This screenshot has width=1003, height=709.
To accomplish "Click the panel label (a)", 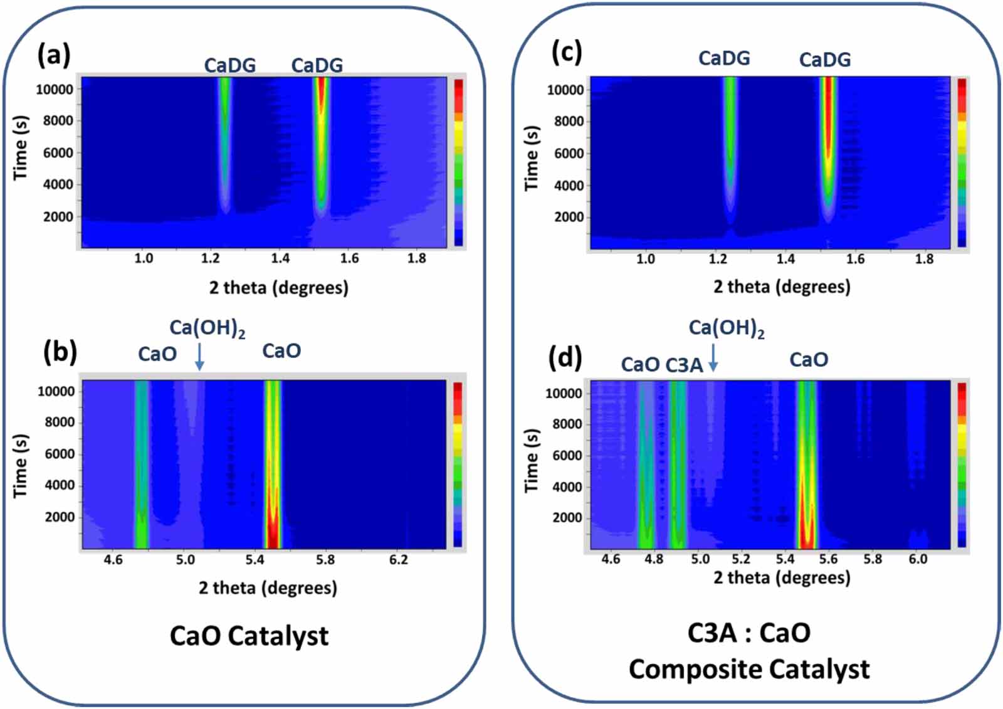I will coord(54,55).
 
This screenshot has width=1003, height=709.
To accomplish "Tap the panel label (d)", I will coord(565,358).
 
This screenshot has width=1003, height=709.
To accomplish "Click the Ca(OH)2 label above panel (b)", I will coord(207,328).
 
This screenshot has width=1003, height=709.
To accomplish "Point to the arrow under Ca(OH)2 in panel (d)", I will coord(713,358).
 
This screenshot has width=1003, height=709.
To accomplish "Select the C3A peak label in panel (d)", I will coord(683,365).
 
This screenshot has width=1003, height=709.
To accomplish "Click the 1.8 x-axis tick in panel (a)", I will coord(416,258).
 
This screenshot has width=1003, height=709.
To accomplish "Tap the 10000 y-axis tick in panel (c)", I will coord(565,90).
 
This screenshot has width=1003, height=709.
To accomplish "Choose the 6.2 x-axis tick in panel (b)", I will coord(398,559).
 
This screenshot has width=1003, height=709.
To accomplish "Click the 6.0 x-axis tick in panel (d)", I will coord(918,559).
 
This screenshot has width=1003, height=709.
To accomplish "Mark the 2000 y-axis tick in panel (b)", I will coord(60,517).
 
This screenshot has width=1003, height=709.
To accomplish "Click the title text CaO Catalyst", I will coord(249,636).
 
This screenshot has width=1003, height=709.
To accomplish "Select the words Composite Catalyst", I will coord(749,670).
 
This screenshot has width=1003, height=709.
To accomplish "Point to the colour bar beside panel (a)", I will coord(459,162).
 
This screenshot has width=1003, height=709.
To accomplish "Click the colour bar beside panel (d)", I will coord(962,465).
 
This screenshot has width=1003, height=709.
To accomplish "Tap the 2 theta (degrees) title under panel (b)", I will coord(268,588).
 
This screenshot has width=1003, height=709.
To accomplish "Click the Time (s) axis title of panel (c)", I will coord(532,159).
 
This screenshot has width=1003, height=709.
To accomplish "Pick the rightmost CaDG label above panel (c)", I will coord(825,60).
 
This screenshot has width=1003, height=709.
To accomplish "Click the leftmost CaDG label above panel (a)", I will coord(230,65).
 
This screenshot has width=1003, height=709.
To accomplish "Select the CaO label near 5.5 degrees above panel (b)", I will coord(281,351).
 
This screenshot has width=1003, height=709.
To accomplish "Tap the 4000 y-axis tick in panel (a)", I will coord(58,184).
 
